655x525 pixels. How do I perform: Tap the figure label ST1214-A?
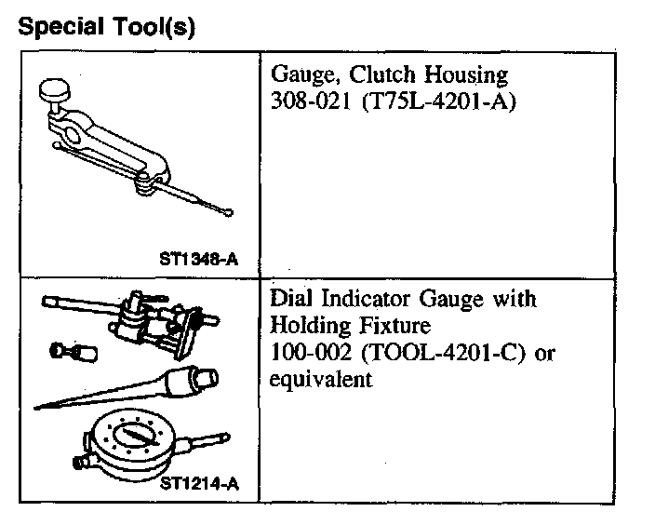[198, 483]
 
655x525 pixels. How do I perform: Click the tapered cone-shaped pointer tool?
[140, 385]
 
